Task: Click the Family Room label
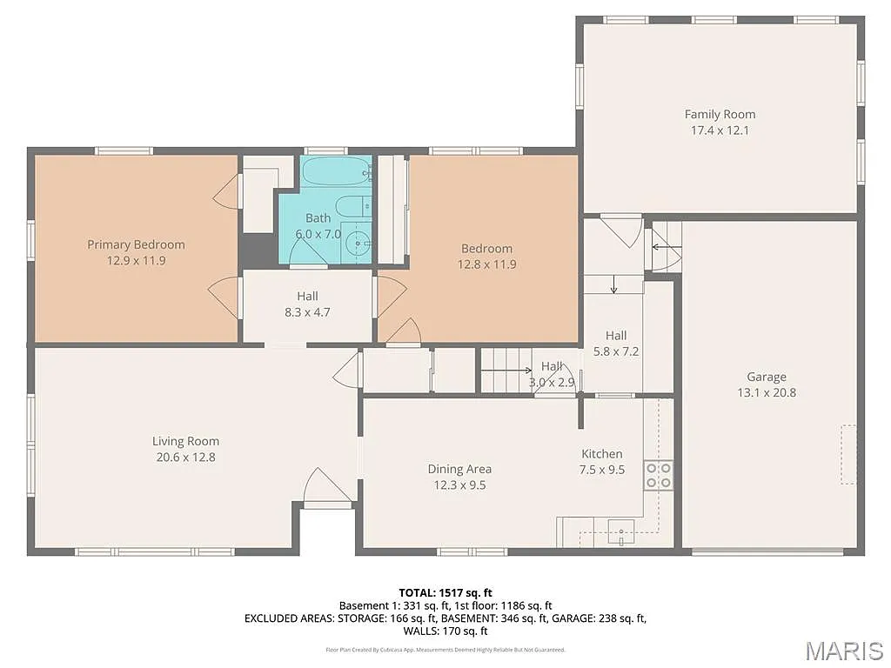click(x=720, y=114)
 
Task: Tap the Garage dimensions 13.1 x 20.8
click(x=766, y=392)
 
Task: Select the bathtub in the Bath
click(x=337, y=171)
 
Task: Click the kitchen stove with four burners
click(x=658, y=475)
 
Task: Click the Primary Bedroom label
click(x=136, y=244)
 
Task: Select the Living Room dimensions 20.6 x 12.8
click(x=185, y=457)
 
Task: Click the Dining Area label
click(x=459, y=469)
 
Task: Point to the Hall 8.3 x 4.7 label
click(x=307, y=297)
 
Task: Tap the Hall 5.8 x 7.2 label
click(x=616, y=335)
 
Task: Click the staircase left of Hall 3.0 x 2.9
click(x=505, y=370)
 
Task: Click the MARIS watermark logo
click(x=843, y=650)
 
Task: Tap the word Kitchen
click(x=601, y=453)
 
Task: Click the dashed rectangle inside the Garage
click(x=847, y=454)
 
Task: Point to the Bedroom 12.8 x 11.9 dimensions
click(x=487, y=264)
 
